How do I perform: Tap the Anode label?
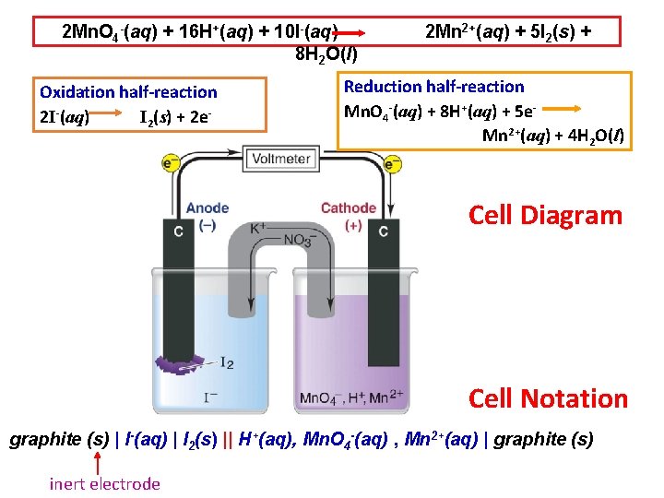point(207,208)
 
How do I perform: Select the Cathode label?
point(348,208)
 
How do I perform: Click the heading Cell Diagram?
point(545,216)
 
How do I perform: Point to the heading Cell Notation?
point(547,398)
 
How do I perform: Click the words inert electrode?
point(105,483)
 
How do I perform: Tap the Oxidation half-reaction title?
point(128,92)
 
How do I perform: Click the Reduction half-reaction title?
point(433,87)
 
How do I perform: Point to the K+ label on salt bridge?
point(258,228)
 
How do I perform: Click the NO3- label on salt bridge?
point(297,241)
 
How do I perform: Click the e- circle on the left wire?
point(171,164)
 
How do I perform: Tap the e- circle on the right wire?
point(392,164)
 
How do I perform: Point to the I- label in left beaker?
point(210,397)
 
